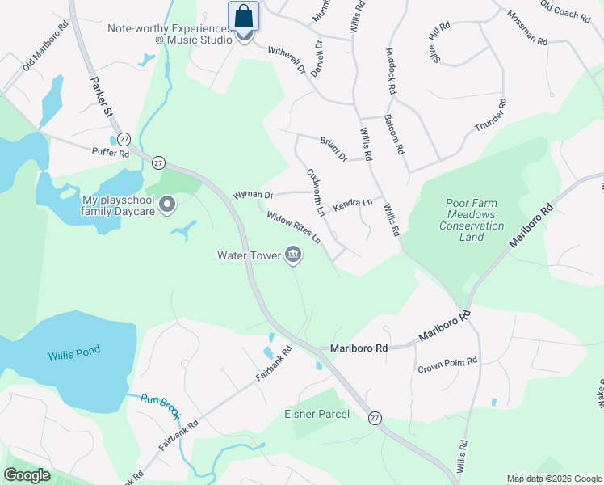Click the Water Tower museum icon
coord(293,256)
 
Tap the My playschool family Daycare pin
coord(167,205)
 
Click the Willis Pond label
coord(72,356)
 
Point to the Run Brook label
coord(158,399)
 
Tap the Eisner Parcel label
coord(317,415)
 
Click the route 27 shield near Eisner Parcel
coord(374,417)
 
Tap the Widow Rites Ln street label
coord(294,229)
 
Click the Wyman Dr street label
coord(253,195)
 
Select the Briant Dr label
coord(333,147)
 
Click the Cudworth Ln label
coord(315,192)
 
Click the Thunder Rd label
coord(490,116)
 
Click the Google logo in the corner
coord(28,475)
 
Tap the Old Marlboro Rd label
coord(45,53)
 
